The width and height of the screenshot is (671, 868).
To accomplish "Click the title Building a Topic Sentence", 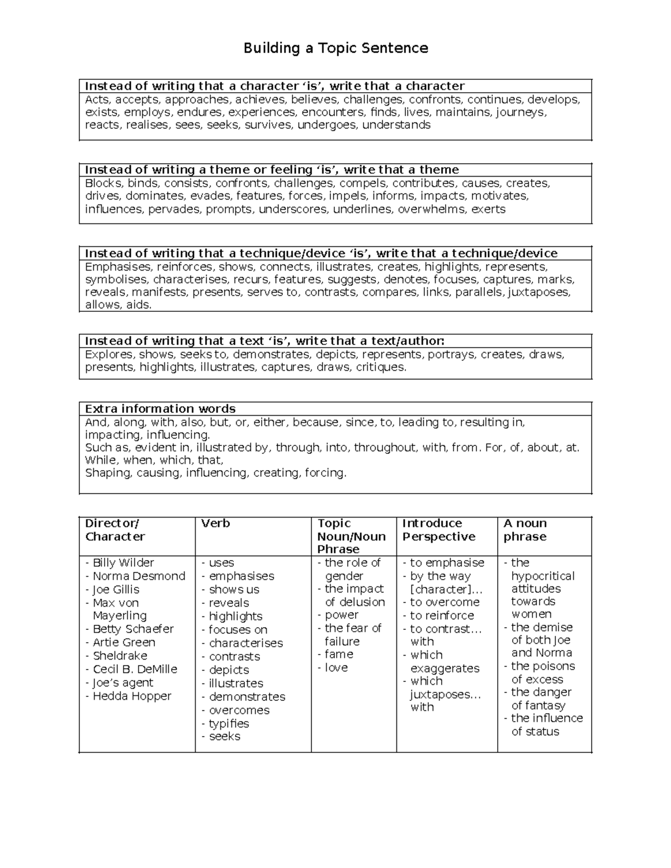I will pos(335,48).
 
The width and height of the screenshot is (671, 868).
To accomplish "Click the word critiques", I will pos(381,367).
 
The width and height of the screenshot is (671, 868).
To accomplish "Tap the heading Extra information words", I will pos(160,409).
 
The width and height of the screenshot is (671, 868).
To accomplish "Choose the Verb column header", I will pos(215,524).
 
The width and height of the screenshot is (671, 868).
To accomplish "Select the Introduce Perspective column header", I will pos(438,530).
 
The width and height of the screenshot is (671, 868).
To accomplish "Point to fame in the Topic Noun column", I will pos(339,654).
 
